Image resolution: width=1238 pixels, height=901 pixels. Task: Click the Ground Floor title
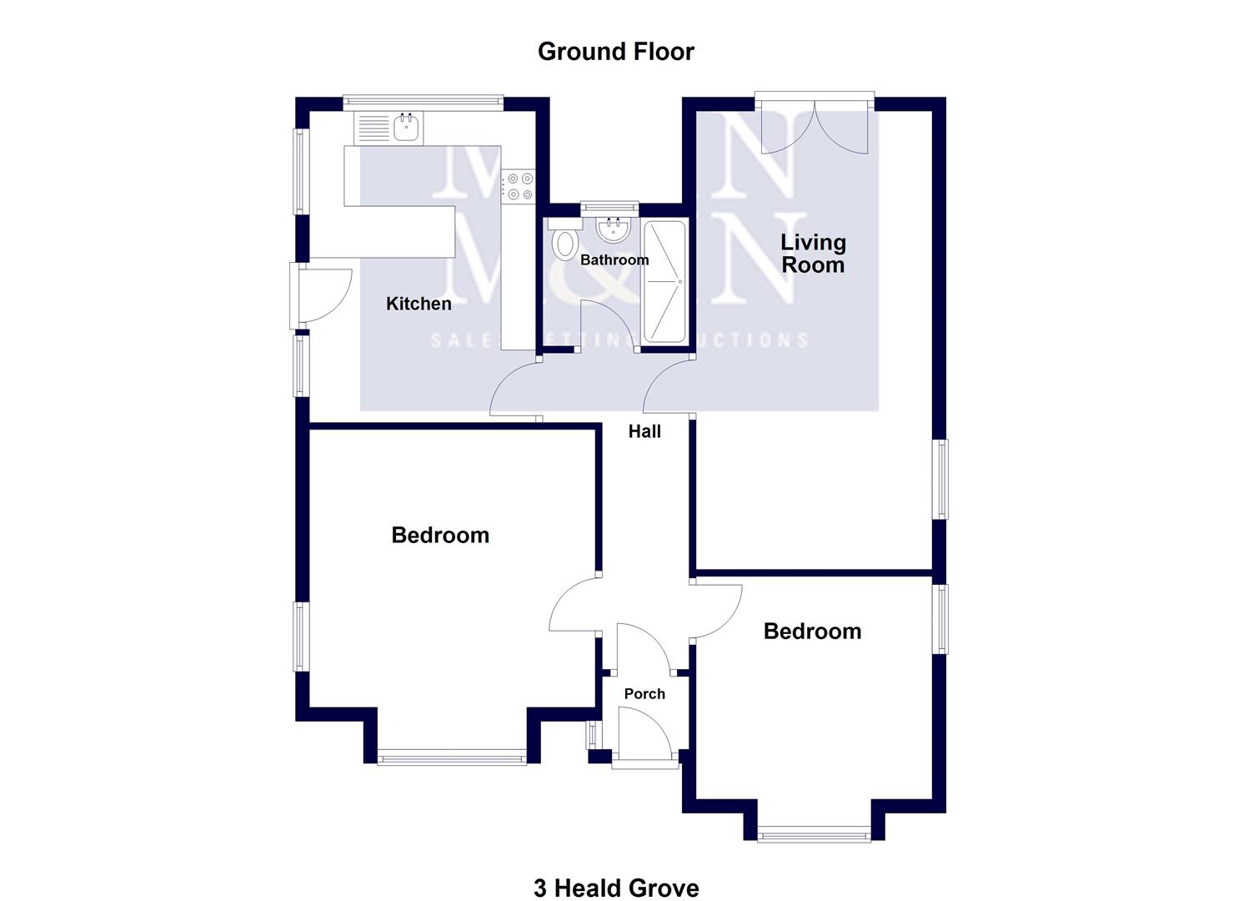pos(615,52)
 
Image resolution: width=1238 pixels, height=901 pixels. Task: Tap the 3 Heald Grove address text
pos(616,888)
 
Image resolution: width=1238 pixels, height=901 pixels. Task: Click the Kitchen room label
pos(419,304)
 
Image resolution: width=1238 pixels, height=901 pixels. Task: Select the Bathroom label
pos(614,259)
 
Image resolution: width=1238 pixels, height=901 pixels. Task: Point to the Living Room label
pos(813,254)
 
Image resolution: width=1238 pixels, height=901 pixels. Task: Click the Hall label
pos(644,431)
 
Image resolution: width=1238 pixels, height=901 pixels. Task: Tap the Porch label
pos(644,693)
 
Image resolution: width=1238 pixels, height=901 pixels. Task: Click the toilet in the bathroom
pos(565,241)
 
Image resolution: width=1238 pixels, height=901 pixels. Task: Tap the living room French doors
pos(814,125)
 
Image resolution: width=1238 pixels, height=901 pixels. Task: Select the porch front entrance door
pos(645,732)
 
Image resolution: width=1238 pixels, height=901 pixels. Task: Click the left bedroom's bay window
pos(452,758)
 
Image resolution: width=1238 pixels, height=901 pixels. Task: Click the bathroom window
pos(609,205)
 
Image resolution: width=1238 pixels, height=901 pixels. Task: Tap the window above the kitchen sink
pos(423,102)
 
